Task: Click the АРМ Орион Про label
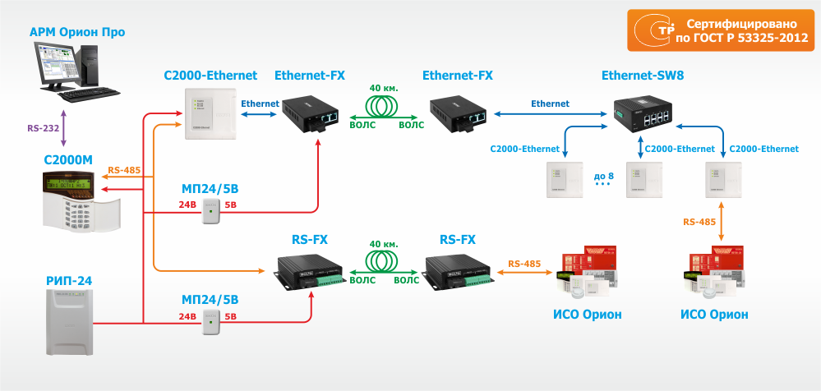coord(77,33)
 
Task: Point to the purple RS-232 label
coord(44,128)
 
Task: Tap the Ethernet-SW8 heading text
coord(643,76)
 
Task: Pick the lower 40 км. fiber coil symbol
coord(386,260)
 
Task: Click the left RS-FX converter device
coord(309,272)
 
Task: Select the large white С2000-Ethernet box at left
coord(209,115)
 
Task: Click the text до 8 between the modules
coord(603,176)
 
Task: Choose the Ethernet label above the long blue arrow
coord(550,103)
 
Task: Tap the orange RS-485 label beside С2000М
coord(124,171)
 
